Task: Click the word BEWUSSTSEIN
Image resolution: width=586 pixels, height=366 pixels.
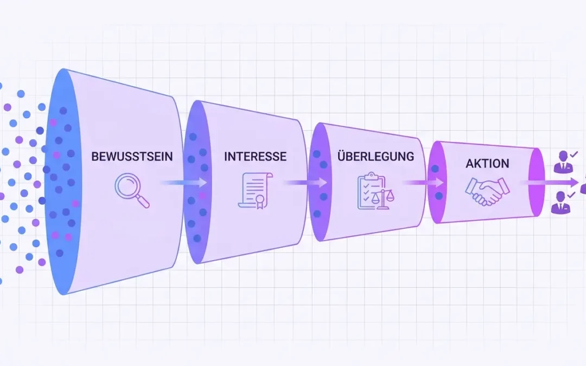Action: [x=132, y=156]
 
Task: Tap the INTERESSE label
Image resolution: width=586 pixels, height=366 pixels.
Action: [x=255, y=156]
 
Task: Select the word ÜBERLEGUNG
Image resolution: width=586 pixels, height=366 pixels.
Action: [x=375, y=156]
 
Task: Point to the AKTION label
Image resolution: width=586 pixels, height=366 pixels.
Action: [x=487, y=163]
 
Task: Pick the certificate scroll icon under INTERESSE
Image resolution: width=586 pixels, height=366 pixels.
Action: [x=255, y=190]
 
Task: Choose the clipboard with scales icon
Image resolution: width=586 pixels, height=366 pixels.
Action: [x=375, y=191]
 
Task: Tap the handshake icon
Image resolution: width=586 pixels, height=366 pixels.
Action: [x=487, y=191]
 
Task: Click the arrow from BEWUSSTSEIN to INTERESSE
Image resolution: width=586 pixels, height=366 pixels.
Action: [x=183, y=182]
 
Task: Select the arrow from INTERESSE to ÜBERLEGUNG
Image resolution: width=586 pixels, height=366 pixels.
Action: [x=305, y=182]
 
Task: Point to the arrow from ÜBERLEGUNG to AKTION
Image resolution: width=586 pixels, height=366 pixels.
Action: [x=423, y=183]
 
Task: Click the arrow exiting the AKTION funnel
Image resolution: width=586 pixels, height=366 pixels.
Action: [x=549, y=182]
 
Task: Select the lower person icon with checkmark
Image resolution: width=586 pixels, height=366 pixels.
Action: [x=561, y=203]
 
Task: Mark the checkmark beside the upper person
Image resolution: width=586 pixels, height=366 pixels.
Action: [x=574, y=154]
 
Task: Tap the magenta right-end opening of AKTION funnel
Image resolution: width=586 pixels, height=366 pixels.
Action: [x=536, y=182]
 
